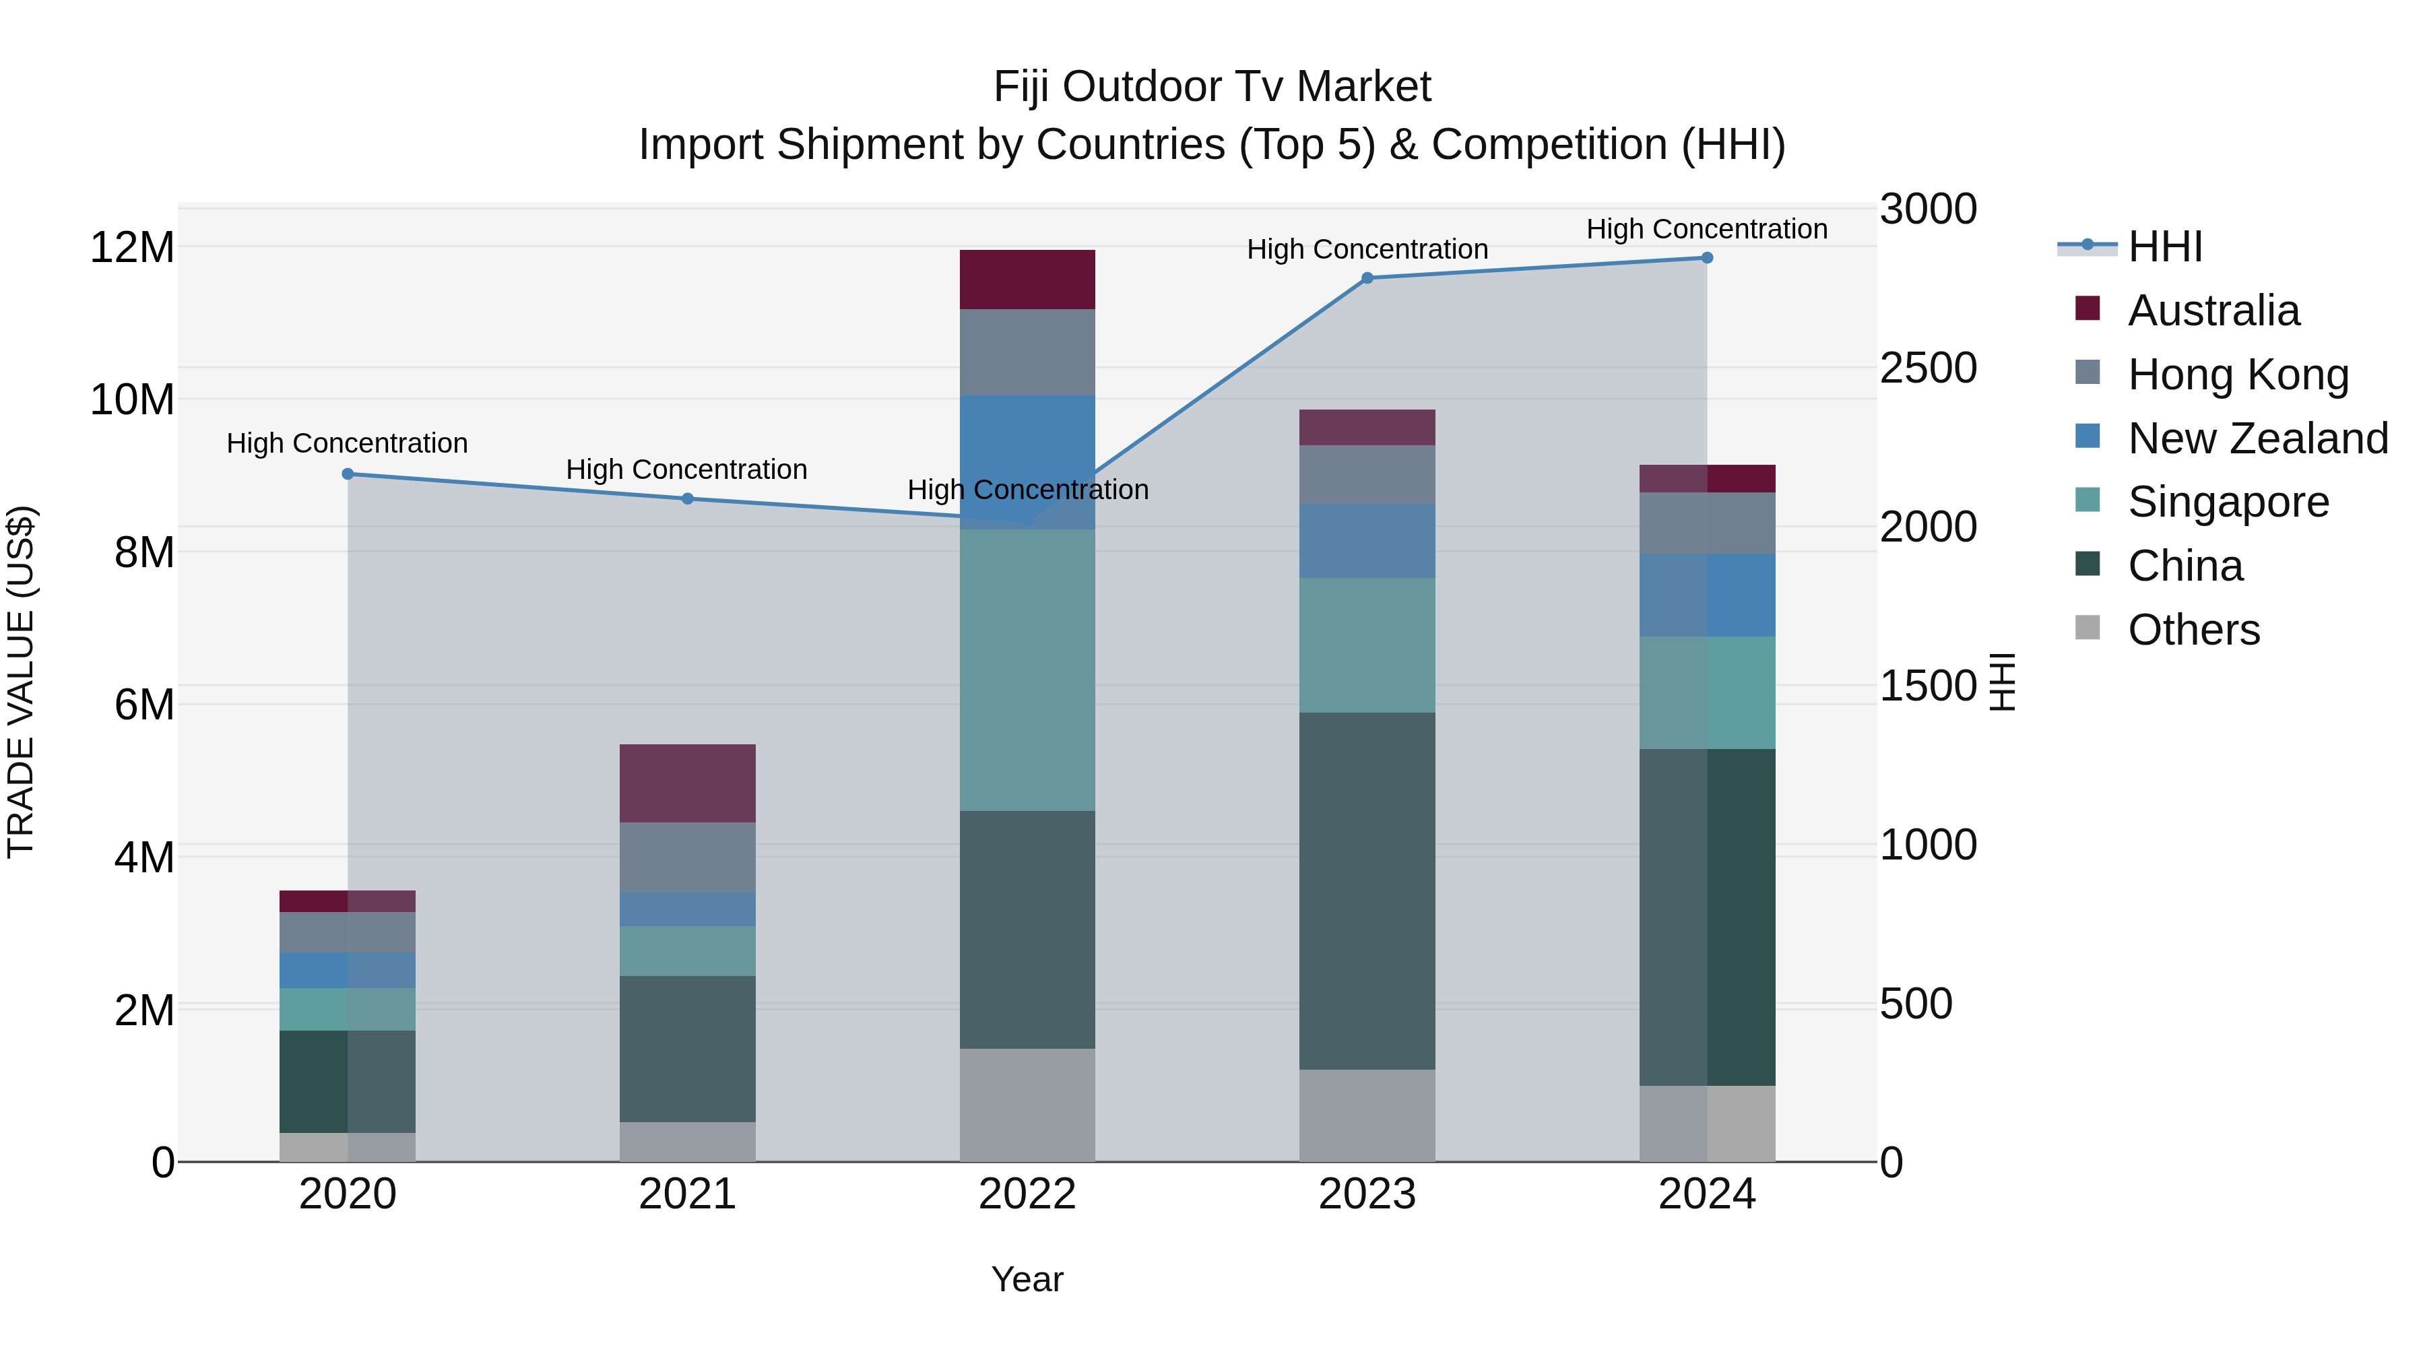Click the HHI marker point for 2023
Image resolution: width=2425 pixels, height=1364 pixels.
1367,278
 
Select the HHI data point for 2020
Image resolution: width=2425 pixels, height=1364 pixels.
348,474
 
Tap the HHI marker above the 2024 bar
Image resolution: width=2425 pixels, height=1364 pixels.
1707,258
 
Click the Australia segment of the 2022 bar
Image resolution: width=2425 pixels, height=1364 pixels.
1027,280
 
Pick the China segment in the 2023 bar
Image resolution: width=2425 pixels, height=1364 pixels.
1367,890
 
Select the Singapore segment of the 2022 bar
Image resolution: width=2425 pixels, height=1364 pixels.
1027,670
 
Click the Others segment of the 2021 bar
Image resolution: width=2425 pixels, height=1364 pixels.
687,1141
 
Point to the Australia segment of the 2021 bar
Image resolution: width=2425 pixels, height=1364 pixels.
687,783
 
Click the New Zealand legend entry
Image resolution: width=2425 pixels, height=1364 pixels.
2257,438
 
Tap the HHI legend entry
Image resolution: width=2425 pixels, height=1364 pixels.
2164,247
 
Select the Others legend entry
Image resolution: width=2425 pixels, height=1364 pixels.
2193,629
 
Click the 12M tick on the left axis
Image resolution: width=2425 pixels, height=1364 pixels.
132,248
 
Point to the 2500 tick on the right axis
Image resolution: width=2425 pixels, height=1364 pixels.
1928,368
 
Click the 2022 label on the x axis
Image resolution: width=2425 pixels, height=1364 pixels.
1027,1194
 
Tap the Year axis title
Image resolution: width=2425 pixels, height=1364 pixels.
1027,1279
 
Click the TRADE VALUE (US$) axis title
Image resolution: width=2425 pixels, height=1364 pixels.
21,682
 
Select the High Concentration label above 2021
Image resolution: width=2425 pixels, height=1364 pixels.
686,469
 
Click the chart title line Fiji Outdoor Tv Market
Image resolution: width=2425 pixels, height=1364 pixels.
1212,87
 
